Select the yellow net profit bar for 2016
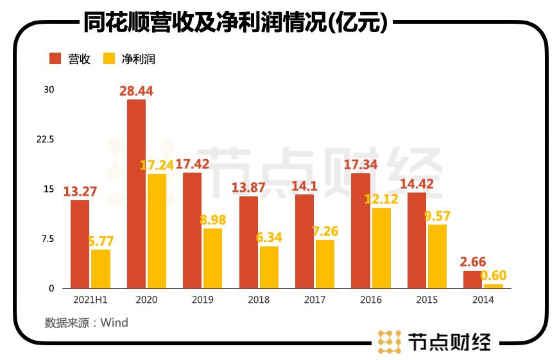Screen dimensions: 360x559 pos(381,248)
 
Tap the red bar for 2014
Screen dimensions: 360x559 pos(472,279)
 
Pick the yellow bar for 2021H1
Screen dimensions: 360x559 pos(100,269)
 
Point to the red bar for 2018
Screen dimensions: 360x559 pos(248,242)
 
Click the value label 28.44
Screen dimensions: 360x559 pos(137,90)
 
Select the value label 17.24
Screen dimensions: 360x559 pos(157,165)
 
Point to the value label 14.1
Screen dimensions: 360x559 pos(305,185)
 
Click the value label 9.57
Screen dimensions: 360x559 pos(438,216)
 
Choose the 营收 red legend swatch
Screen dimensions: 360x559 pos(55,59)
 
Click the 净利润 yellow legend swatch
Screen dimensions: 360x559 pos(108,59)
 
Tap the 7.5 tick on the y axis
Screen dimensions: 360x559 pos(49,239)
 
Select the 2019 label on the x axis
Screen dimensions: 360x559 pos(202,300)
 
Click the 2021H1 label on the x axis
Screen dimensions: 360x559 pos(89,300)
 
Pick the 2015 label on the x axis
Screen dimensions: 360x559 pos(427,300)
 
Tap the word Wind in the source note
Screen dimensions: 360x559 pos(114,323)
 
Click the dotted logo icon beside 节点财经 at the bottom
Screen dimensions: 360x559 pos(390,341)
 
